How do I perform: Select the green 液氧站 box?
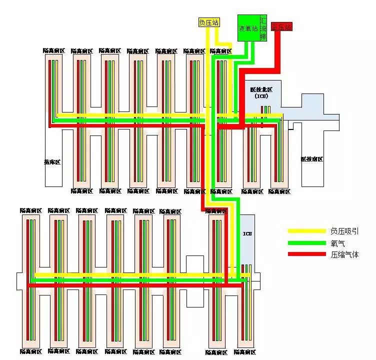pos(248,28)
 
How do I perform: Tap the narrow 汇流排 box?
pos(263,28)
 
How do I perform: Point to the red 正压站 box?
pos(281,27)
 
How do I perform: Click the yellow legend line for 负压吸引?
pos(306,231)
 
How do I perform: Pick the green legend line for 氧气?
pos(306,243)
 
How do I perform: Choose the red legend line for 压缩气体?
pos(306,254)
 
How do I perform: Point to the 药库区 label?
pos(52,162)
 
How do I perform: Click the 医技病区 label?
pos(311,159)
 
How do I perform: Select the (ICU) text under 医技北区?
pos(261,96)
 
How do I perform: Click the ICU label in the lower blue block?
pos(247,234)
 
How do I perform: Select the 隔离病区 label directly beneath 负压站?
pos(220,51)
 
